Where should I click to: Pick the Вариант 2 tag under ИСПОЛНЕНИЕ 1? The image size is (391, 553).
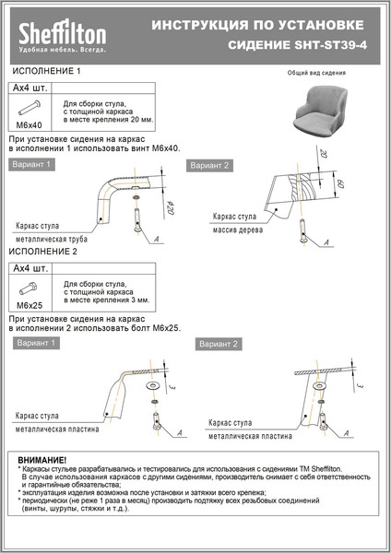(209, 166)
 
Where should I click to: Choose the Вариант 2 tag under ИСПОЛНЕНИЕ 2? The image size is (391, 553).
(218, 344)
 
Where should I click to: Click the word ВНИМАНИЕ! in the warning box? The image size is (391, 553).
(41, 459)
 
